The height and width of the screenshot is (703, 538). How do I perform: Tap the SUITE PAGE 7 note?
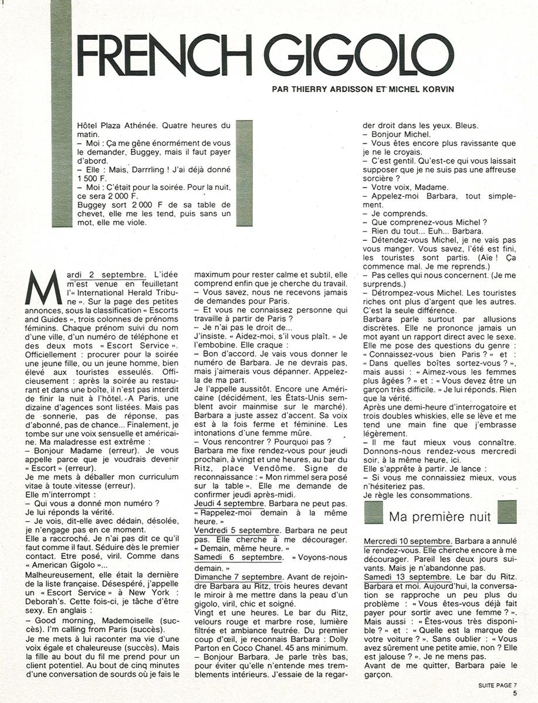coord(494,683)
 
